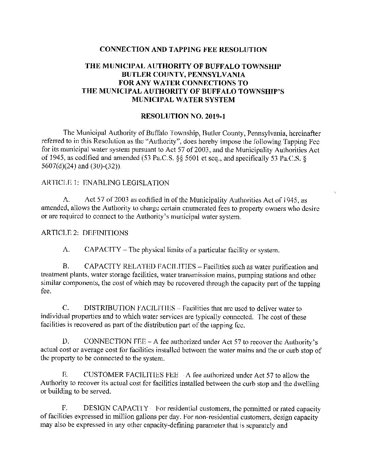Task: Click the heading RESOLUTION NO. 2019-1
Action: [x=183, y=116]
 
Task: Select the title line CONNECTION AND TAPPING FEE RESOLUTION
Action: [x=183, y=50]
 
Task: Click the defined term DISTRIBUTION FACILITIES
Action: [x=129, y=309]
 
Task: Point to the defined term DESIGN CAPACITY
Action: [x=116, y=408]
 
